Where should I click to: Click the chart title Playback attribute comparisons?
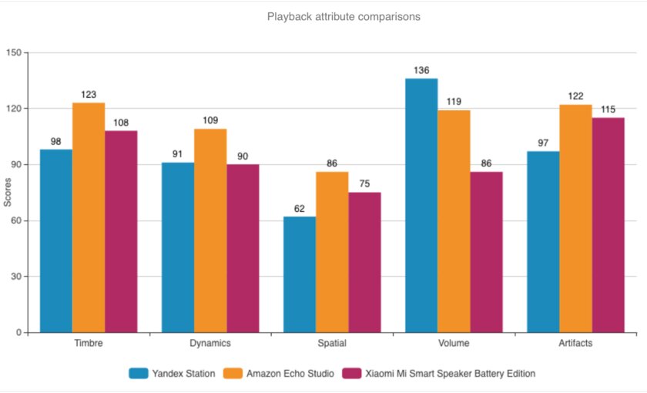click(x=344, y=16)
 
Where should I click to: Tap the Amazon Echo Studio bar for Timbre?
click(x=89, y=217)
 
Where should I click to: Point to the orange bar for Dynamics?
click(x=210, y=230)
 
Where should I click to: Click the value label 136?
click(x=421, y=71)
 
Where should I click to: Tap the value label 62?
click(x=300, y=209)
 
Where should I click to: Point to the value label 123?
click(x=89, y=95)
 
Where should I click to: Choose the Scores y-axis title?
click(x=8, y=193)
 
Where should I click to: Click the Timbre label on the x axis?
click(x=89, y=343)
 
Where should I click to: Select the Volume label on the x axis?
click(x=454, y=343)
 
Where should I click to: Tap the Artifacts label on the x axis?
click(x=575, y=343)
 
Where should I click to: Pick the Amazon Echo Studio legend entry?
click(x=278, y=374)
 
